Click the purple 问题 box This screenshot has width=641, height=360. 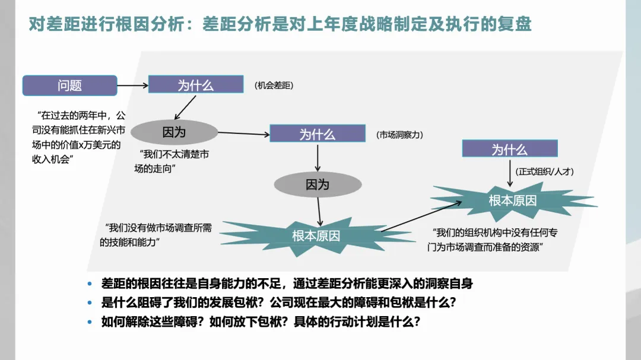tap(69, 85)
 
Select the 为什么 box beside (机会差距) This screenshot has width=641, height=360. tap(196, 84)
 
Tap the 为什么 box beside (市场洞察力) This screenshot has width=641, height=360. tap(317, 133)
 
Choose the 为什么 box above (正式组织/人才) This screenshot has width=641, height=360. tap(509, 149)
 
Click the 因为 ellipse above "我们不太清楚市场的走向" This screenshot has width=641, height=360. tap(174, 132)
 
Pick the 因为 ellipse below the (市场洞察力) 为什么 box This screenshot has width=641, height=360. tap(317, 184)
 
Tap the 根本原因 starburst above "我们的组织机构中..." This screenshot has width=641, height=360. tap(512, 200)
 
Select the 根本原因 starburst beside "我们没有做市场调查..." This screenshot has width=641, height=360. tap(316, 235)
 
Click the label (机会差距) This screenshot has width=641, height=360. tap(274, 85)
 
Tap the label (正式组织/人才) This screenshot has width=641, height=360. tap(545, 171)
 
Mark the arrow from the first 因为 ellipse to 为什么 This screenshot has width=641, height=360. tap(243, 133)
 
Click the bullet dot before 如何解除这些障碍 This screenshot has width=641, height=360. tap(90, 322)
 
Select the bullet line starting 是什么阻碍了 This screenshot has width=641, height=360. tap(278, 302)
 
